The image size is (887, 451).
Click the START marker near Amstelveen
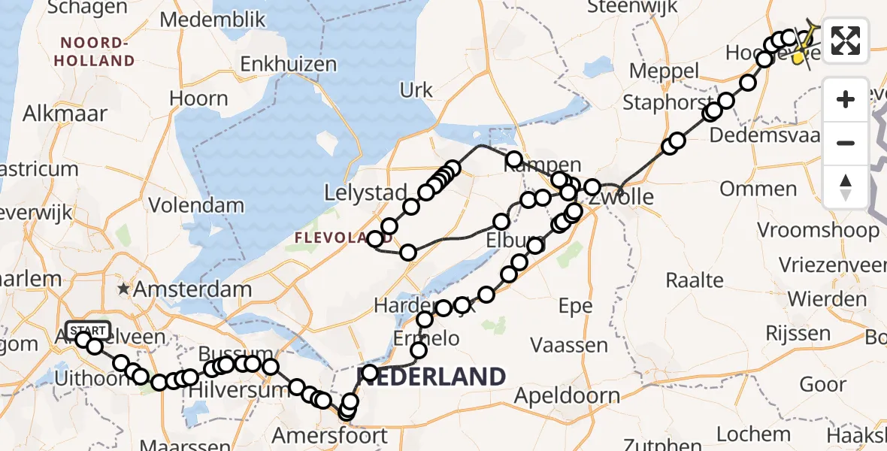click(x=88, y=330)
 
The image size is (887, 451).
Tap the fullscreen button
click(x=846, y=41)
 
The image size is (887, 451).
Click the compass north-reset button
click(x=846, y=186)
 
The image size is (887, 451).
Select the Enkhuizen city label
click(x=289, y=65)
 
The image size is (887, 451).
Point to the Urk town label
click(x=416, y=91)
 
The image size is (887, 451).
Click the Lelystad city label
click(x=365, y=193)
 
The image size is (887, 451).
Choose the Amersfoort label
click(x=329, y=435)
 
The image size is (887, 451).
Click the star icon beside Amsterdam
click(x=123, y=289)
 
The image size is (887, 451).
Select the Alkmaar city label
click(x=65, y=114)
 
